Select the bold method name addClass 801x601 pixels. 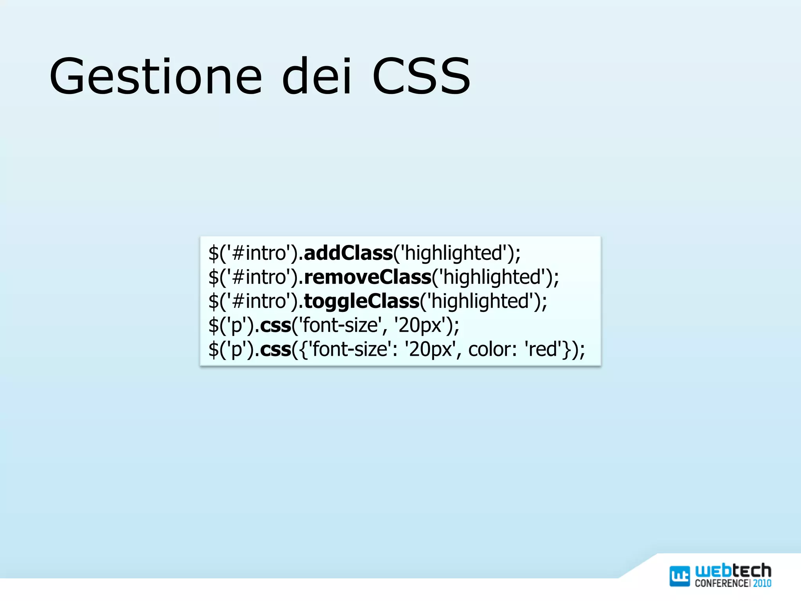tap(348, 253)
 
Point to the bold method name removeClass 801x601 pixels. tap(367, 277)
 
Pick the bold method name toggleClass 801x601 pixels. tap(361, 301)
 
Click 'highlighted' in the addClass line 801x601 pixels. tap(453, 253)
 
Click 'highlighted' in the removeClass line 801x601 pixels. tap(492, 277)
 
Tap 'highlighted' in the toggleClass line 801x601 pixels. tap(480, 301)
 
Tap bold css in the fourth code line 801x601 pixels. tap(275, 326)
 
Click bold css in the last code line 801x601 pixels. tap(275, 349)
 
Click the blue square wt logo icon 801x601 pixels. tap(680, 576)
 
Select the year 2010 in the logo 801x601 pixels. tap(762, 583)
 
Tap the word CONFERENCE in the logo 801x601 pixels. tap(722, 583)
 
